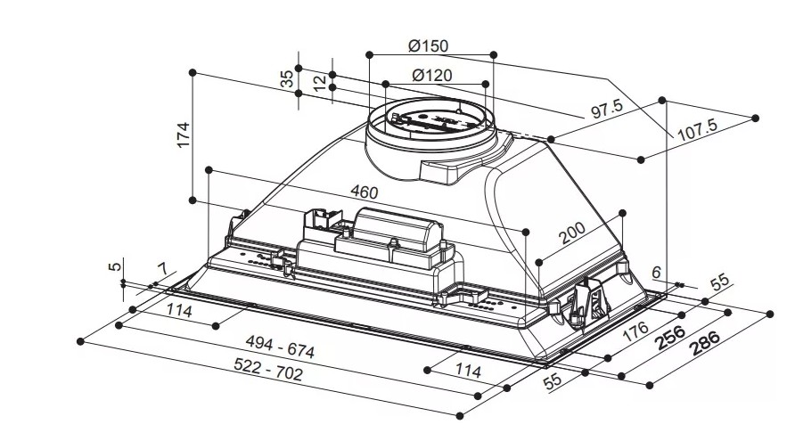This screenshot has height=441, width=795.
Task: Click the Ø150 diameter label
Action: (429, 46)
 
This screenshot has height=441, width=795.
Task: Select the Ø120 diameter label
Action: (432, 76)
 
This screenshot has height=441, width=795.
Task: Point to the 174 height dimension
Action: (183, 135)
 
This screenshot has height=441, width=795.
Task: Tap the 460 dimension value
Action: (365, 192)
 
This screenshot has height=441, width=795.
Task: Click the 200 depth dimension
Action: (572, 233)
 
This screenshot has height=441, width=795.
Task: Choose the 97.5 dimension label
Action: (607, 109)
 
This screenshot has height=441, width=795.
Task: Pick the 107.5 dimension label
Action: (698, 130)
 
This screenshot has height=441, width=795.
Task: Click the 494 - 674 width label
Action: (280, 347)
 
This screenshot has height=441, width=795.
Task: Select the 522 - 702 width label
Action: (268, 369)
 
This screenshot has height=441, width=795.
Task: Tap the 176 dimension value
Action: (635, 331)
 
